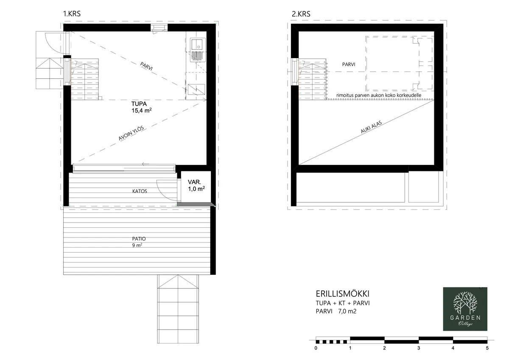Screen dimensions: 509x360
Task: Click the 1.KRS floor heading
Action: point(72,14)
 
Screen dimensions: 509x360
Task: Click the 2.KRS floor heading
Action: point(301,14)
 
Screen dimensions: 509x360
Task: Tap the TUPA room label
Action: point(139,104)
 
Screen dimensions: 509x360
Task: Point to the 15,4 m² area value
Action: point(142,111)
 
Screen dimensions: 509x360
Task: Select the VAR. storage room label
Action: point(194,182)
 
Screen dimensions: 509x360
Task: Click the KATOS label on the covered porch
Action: point(140,191)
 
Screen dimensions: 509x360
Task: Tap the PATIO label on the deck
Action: point(139,239)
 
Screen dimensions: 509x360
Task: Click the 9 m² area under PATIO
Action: point(137,245)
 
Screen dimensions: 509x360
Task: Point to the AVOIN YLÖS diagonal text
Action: point(131,133)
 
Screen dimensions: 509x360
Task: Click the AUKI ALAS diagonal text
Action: point(371,127)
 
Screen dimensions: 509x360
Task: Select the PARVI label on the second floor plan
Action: point(349,64)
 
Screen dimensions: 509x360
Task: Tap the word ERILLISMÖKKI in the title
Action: point(342,294)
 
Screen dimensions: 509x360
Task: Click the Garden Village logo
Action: point(465,309)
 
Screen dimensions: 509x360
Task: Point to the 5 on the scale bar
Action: point(487,348)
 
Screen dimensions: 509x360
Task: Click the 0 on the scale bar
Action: point(316,348)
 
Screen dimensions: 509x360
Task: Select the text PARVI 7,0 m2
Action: point(336,311)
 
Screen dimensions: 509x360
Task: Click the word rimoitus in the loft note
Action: point(345,95)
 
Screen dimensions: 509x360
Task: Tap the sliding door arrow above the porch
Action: point(145,164)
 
